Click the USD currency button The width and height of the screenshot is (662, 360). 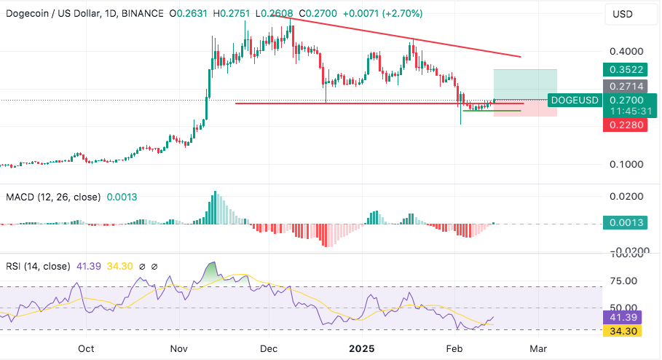point(623,14)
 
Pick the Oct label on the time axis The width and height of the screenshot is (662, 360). point(86,349)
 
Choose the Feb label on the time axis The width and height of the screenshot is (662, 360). point(454,349)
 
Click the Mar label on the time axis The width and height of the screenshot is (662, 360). point(538,349)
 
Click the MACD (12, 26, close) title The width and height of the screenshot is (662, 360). point(53,197)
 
